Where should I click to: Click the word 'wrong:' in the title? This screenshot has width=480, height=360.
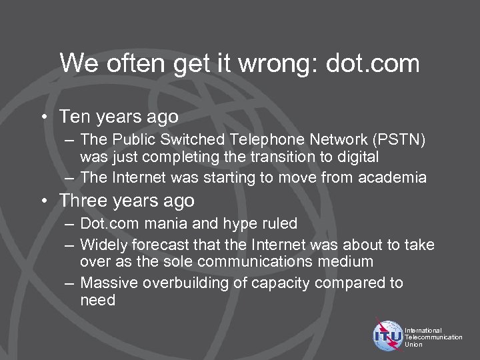[267, 64]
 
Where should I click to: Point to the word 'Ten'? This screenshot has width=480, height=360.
[73, 117]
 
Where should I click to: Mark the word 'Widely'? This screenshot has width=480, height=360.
[103, 245]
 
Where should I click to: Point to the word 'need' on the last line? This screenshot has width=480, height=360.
[97, 301]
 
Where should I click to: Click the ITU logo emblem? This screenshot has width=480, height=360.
[389, 336]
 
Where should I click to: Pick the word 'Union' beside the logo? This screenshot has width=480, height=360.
[414, 345]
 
